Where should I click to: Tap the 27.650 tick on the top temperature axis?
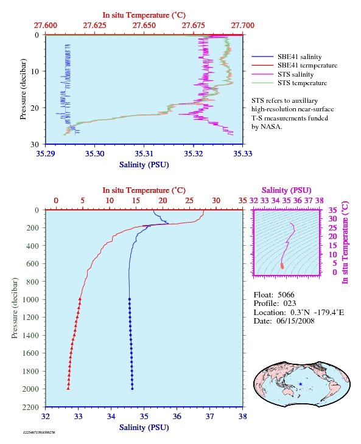pyautogui.click(x=144, y=26)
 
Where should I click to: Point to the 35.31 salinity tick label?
pyautogui.click(x=144, y=154)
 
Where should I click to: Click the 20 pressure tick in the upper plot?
pyautogui.click(x=35, y=108)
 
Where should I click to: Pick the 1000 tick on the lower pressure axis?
pyautogui.click(x=30, y=300)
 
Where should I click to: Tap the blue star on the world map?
pyautogui.click(x=300, y=384)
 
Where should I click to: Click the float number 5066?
pyautogui.click(x=286, y=295)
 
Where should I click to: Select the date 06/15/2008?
pyautogui.click(x=295, y=321)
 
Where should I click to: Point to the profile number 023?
pyautogui.click(x=290, y=304)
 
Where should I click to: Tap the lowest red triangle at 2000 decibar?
pyautogui.click(x=68, y=389)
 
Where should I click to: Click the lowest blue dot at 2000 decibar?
pyautogui.click(x=132, y=389)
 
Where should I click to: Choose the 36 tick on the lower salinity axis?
pyautogui.click(x=177, y=417)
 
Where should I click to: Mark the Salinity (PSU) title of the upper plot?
pyautogui.click(x=144, y=165)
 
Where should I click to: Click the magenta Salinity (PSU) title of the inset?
pyautogui.click(x=287, y=190)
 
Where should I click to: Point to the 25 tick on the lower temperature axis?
pyautogui.click(x=189, y=201)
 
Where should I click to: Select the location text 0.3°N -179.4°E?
pyautogui.click(x=317, y=313)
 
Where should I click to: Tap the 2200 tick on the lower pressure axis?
pyautogui.click(x=30, y=407)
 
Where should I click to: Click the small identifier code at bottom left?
pyautogui.click(x=39, y=432)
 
